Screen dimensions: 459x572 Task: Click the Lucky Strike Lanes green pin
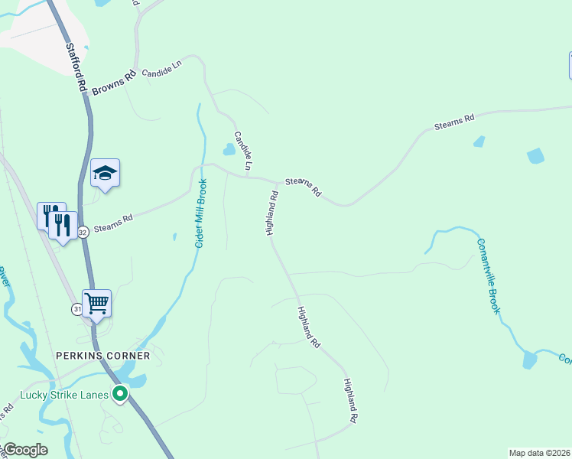pyautogui.click(x=120, y=394)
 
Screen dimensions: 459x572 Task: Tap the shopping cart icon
pyautogui.click(x=97, y=303)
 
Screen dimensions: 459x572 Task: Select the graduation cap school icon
pyautogui.click(x=105, y=174)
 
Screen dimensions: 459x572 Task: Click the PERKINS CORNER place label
pyautogui.click(x=102, y=356)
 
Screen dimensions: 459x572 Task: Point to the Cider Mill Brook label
pyautogui.click(x=201, y=213)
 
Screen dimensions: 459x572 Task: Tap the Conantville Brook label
pyautogui.click(x=488, y=275)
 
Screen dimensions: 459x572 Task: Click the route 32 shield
pyautogui.click(x=83, y=231)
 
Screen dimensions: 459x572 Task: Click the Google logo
pyautogui.click(x=24, y=450)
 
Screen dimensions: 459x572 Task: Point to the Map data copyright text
pyautogui.click(x=539, y=453)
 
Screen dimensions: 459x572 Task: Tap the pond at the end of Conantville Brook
pyautogui.click(x=528, y=359)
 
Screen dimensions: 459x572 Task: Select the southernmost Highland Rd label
pyautogui.click(x=350, y=401)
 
